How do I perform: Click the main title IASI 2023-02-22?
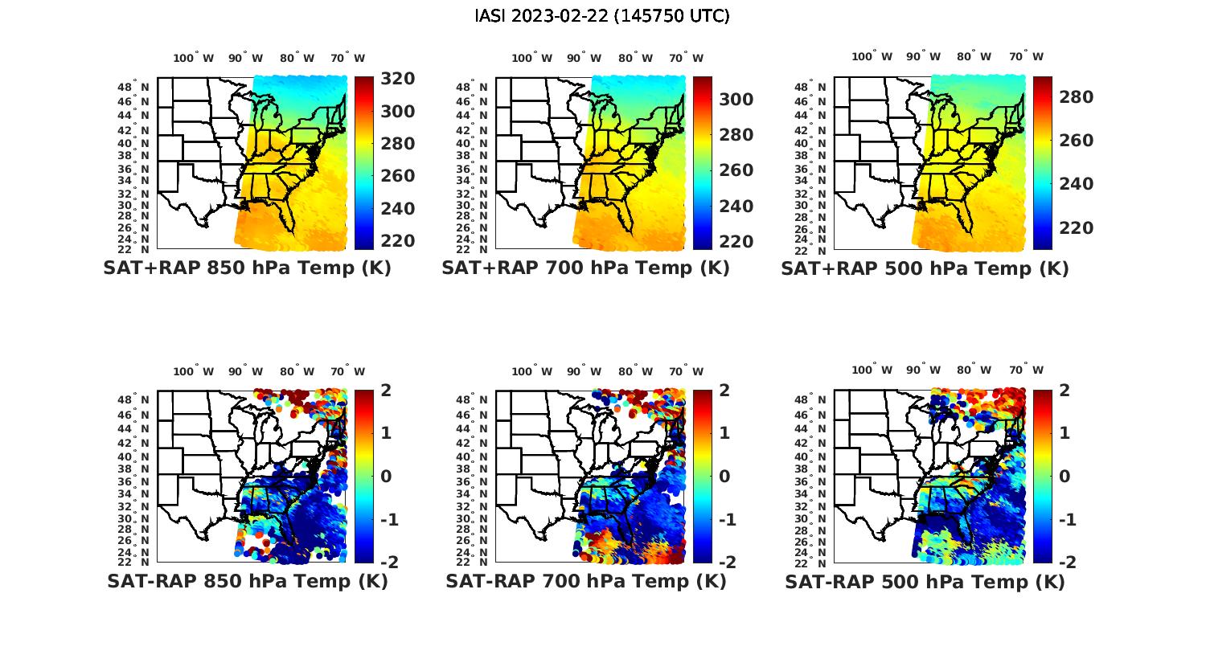(602, 16)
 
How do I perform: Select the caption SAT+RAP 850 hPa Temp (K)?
(247, 268)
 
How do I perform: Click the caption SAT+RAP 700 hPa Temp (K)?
(585, 268)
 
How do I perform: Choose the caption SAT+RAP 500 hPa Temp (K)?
(925, 268)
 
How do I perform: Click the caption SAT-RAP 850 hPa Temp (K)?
(247, 582)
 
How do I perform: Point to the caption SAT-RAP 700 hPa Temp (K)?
(585, 582)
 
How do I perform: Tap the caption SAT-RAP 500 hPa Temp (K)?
(925, 582)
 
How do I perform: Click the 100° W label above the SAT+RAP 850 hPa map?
(194, 58)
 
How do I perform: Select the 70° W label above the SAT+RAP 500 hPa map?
(1026, 57)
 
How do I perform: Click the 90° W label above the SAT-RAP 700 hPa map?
(584, 371)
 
